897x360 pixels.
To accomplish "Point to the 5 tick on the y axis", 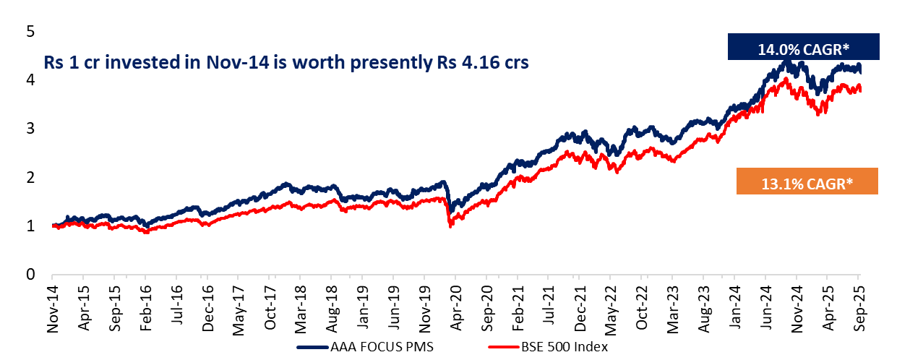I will pos(30,32).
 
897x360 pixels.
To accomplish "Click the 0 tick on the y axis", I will pos(30,275).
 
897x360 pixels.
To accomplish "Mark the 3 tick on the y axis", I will pos(30,129).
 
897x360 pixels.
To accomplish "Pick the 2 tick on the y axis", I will pos(30,177).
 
